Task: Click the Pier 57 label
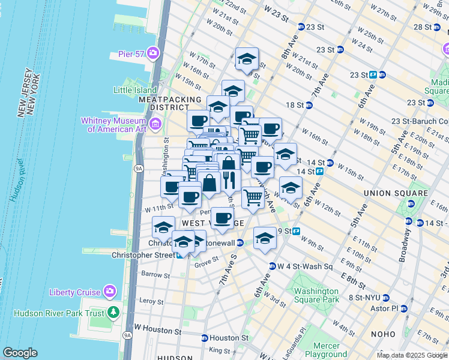coord(131,54)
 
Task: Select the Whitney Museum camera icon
coord(155,124)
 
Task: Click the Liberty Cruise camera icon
coord(109,292)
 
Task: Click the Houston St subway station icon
coord(204,338)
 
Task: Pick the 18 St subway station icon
coord(309,105)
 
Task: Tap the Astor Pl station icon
coord(403,308)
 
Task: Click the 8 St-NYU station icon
coord(386,298)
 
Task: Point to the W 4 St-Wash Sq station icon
coord(272,266)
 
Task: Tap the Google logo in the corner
coord(20,353)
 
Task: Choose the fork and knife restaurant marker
coord(229,179)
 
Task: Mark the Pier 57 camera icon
coord(153,53)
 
